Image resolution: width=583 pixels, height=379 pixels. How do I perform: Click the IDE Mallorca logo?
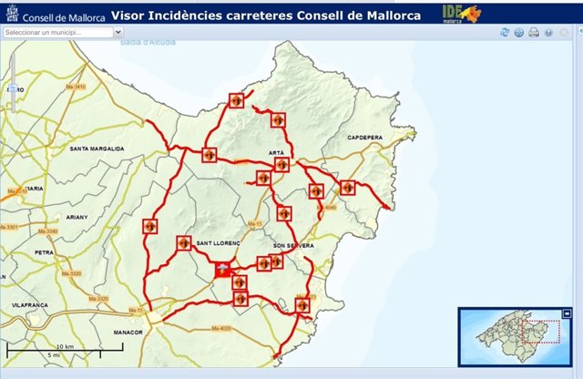[461, 13]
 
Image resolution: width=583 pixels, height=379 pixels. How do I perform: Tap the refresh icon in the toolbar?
[504, 33]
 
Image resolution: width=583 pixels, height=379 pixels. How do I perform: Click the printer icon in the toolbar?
[534, 33]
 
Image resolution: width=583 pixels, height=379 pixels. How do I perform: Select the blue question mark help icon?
[548, 33]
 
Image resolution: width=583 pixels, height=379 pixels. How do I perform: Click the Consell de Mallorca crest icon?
[10, 13]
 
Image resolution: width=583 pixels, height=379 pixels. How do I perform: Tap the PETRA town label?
[44, 251]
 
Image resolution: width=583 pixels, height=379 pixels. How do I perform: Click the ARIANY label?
[77, 217]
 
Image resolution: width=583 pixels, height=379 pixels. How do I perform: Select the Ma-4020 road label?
[221, 327]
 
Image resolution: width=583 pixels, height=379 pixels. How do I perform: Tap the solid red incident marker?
[223, 269]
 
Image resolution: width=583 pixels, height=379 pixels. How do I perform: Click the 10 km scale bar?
[63, 348]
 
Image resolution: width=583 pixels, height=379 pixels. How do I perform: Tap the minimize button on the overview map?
[566, 314]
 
